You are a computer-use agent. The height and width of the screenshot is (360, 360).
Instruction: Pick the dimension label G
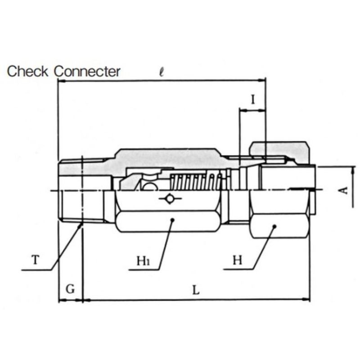point(70,289)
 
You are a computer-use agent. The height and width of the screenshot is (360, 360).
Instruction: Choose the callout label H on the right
point(238,260)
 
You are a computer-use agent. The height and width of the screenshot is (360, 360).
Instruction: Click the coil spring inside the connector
point(196,182)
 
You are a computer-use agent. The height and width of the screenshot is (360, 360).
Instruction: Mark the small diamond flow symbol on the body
point(170,198)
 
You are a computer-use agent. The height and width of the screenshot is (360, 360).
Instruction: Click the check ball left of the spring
point(149,185)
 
